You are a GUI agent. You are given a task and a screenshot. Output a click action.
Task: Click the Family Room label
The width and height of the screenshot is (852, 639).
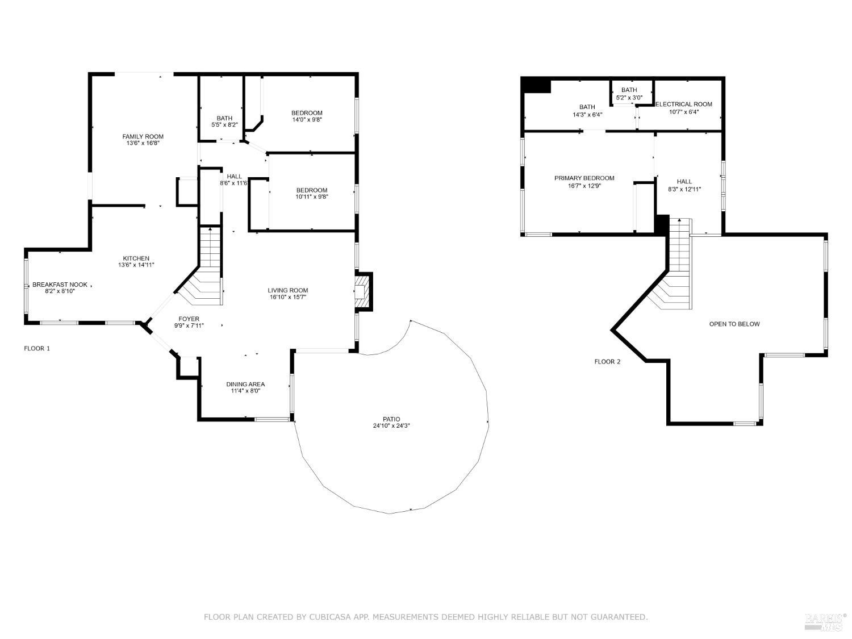click(143, 136)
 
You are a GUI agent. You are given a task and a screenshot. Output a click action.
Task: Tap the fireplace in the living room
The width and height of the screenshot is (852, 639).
click(364, 291)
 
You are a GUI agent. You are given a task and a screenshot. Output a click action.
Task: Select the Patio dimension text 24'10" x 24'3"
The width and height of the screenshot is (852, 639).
click(391, 425)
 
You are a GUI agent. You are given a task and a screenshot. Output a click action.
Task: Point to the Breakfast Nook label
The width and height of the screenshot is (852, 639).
click(60, 285)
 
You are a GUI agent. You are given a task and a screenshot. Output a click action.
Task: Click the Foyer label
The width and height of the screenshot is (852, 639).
click(189, 319)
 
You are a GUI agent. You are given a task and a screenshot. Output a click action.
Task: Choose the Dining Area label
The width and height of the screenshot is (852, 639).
click(245, 384)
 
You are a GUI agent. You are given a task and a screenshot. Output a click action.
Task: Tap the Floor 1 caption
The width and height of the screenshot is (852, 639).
click(37, 348)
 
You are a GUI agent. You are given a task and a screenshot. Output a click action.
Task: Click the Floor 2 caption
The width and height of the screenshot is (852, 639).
click(607, 362)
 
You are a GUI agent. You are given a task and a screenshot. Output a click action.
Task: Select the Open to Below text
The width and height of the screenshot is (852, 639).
click(734, 324)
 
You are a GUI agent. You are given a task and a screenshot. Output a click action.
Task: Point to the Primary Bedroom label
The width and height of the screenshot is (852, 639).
click(584, 178)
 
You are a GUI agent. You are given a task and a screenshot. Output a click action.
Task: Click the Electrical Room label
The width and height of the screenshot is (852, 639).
click(683, 104)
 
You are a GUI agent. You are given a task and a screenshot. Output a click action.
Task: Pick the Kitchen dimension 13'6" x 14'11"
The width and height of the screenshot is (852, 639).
click(136, 265)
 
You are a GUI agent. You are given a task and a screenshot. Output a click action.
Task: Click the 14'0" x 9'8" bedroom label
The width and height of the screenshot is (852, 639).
click(307, 116)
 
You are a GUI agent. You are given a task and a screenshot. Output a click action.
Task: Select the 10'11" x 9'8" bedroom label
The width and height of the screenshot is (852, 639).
click(312, 193)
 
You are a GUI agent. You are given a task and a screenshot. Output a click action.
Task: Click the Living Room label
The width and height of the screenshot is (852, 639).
click(287, 290)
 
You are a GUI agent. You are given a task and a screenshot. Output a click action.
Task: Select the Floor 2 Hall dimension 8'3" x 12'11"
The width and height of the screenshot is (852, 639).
click(684, 189)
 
